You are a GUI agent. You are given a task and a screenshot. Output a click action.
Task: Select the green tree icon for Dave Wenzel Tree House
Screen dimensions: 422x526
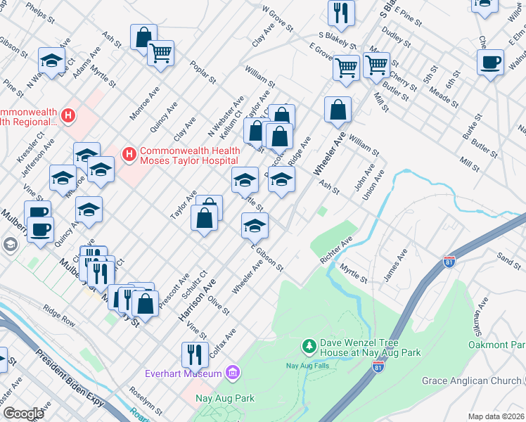coord(308,345)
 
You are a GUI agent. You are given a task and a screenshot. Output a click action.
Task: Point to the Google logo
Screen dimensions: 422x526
coord(23,414)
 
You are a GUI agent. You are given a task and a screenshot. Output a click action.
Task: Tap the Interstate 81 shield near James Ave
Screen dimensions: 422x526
coord(451,262)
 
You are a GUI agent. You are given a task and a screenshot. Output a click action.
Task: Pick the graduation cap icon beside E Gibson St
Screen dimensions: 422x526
coord(255,225)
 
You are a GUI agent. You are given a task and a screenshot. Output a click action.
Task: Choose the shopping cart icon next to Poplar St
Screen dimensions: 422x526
coord(160,52)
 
